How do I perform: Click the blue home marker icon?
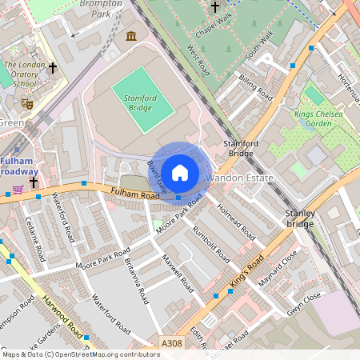point(179,172)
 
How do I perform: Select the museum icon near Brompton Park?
point(130,36)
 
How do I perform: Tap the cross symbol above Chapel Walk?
point(214,8)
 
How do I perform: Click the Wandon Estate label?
point(240,177)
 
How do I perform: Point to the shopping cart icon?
point(18,190)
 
